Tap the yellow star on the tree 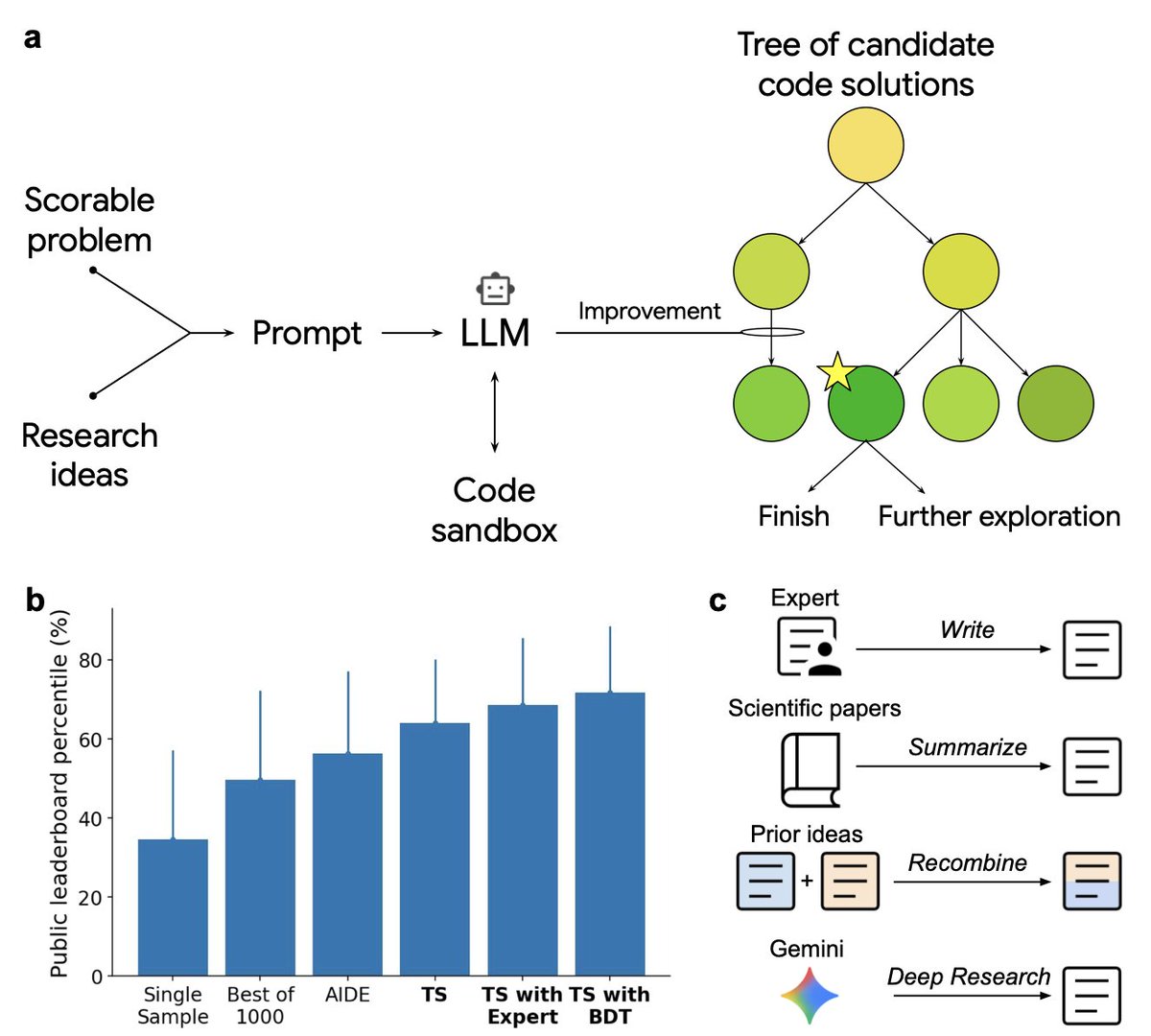point(837,372)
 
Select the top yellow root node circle point(865,145)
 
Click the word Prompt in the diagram point(307,334)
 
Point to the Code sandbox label point(494,509)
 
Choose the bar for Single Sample point(173,906)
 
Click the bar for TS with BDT point(610,834)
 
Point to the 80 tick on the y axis point(91,661)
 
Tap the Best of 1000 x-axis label point(261,1005)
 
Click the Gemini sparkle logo point(809,996)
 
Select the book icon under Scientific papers point(810,769)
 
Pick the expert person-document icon point(809,647)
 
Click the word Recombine point(968,862)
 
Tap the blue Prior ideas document point(765,881)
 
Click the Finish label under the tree point(793,516)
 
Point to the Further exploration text point(998,517)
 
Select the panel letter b point(35,600)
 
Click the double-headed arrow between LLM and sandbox point(495,412)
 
